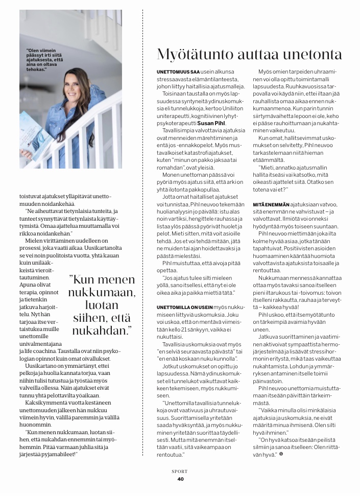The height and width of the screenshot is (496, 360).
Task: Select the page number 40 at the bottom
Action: click(180, 479)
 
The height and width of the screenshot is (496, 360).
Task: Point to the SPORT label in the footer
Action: click(180, 471)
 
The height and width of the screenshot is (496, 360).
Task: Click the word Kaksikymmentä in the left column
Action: click(45, 403)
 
